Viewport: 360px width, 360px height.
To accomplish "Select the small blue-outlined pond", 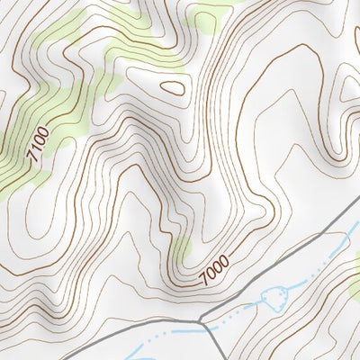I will point(270,297).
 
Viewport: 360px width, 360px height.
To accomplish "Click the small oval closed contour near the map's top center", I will point(174,87).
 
